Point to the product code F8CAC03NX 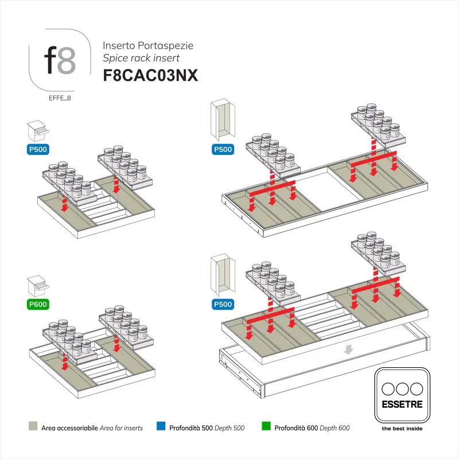pos(150,76)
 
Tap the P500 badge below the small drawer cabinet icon pos(38,150)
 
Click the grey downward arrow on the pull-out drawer pos(348,349)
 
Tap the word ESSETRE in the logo pos(402,404)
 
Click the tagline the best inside pos(402,429)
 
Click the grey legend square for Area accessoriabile pos(32,427)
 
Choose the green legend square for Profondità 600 pos(266,427)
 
